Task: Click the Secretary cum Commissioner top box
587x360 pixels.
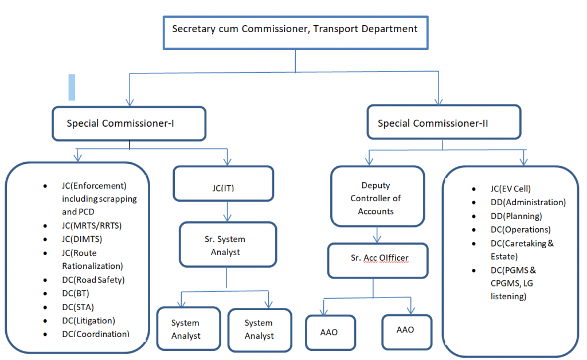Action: coord(295,29)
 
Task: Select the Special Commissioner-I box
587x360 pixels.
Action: coord(129,123)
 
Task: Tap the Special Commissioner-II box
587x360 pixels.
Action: coord(444,123)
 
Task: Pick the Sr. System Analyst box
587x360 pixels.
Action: coord(228,245)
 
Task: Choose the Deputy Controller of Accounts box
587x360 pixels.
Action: coord(377,198)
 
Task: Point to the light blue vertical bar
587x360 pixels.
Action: coord(72,87)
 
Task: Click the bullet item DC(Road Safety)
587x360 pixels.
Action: coord(93,280)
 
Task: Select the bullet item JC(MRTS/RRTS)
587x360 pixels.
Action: coord(91,225)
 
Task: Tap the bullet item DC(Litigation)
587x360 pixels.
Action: coord(88,320)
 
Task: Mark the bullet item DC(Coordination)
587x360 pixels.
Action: coord(95,334)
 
